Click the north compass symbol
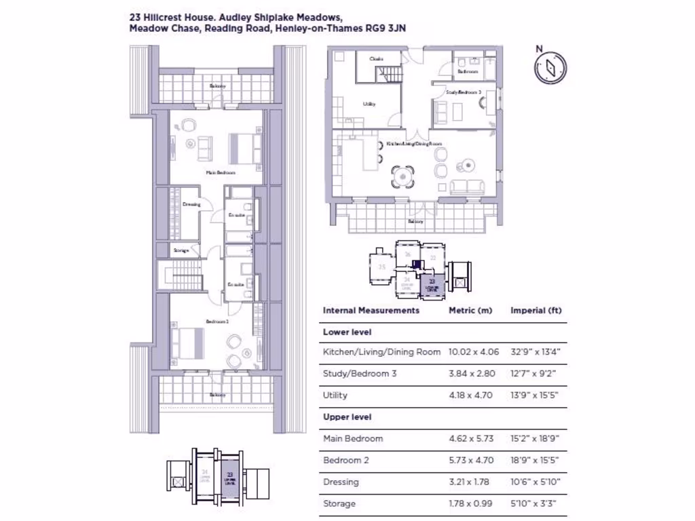[550, 67]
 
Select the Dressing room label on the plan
[191, 204]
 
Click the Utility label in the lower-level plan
[369, 104]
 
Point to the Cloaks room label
[376, 59]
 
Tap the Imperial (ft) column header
[536, 310]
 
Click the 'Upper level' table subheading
[347, 417]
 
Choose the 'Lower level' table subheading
[347, 332]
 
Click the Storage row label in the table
[339, 503]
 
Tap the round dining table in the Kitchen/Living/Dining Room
[401, 178]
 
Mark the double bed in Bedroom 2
[189, 343]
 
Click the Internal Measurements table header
[371, 310]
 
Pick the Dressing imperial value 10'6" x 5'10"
[536, 482]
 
